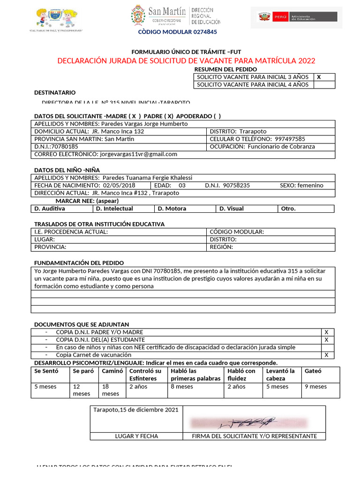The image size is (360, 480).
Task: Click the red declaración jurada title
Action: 186,61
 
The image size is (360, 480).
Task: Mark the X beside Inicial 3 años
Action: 319,77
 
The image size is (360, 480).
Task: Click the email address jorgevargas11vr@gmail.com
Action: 138,154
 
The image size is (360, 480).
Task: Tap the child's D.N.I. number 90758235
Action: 237,186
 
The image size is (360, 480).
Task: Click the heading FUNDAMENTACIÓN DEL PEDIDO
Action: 79,263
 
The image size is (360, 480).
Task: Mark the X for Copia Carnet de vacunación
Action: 326,355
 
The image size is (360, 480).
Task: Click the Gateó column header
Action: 314,371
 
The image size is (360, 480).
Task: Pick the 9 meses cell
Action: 316,387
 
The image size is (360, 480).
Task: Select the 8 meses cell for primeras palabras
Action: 182,387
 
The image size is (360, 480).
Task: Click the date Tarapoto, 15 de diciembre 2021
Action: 136,410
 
